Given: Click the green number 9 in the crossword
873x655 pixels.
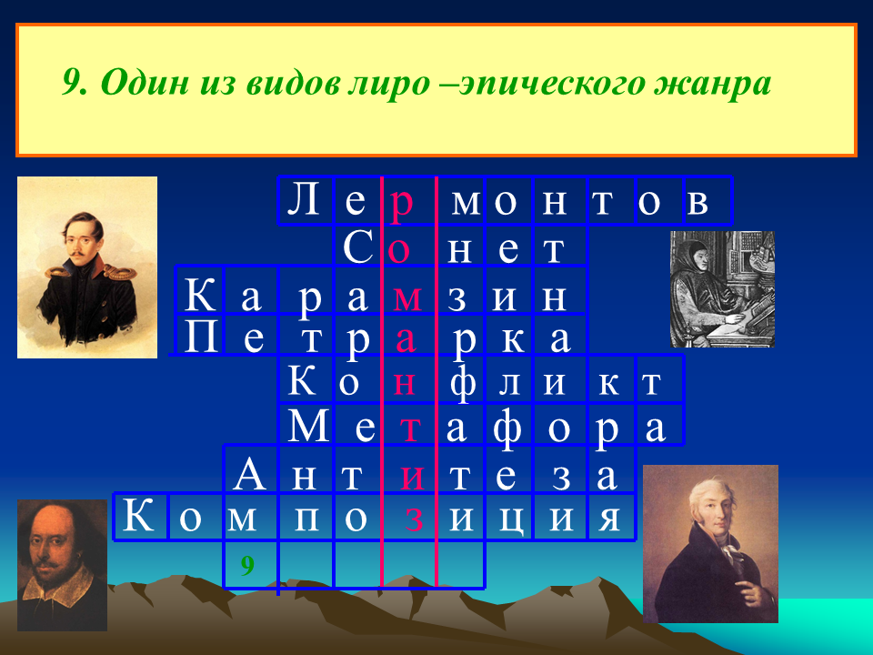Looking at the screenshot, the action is [247, 565].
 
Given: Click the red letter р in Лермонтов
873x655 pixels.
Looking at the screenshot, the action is [402, 203].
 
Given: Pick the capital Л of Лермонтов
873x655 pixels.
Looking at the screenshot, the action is [304, 199].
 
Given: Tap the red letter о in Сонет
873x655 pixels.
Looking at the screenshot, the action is [398, 250].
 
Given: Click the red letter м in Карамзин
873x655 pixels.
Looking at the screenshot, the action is [407, 299].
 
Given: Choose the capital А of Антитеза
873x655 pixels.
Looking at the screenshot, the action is [249, 473].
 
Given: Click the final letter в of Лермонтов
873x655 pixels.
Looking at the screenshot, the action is [697, 203].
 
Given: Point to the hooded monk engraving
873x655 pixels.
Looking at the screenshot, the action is [722, 289].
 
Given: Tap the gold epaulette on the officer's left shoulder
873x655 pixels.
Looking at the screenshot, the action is [120, 272].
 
